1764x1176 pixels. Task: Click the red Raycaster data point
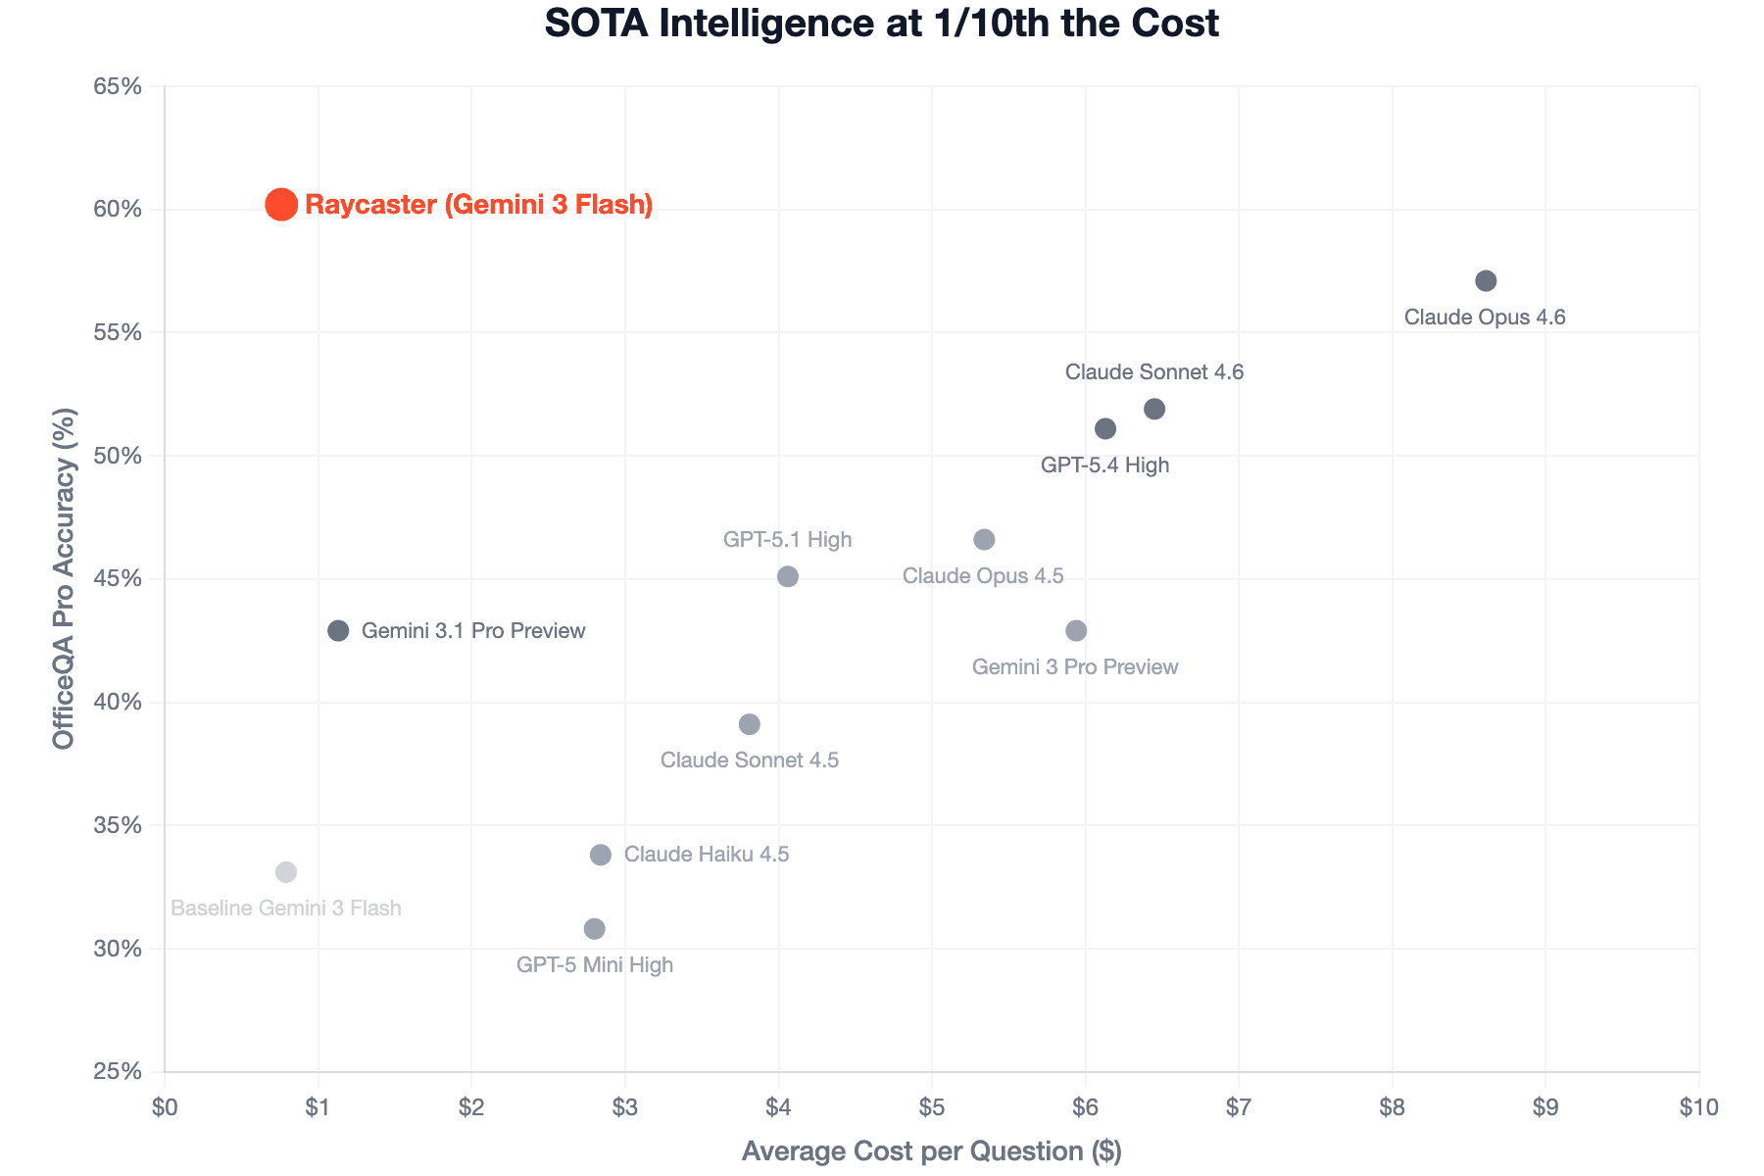pyautogui.click(x=281, y=204)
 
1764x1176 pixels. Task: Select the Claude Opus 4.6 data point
pyautogui.click(x=1486, y=281)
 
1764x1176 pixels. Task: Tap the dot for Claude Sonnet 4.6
pyautogui.click(x=1154, y=409)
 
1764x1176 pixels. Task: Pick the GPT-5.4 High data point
pyautogui.click(x=1105, y=428)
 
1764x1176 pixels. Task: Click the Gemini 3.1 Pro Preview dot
pyautogui.click(x=338, y=631)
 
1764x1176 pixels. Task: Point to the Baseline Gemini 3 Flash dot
pyautogui.click(x=286, y=872)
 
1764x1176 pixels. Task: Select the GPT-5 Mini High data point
pyautogui.click(x=595, y=929)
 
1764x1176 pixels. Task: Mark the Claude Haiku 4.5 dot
pyautogui.click(x=601, y=855)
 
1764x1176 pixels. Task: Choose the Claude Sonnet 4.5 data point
pyautogui.click(x=750, y=725)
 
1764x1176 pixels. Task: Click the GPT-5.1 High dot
pyautogui.click(x=788, y=576)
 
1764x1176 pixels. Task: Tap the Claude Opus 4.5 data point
pyautogui.click(x=985, y=540)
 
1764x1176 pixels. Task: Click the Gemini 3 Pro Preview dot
pyautogui.click(x=1076, y=631)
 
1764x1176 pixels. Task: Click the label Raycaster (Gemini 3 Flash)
pyautogui.click(x=479, y=205)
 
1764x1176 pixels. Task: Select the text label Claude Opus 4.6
pyautogui.click(x=1485, y=318)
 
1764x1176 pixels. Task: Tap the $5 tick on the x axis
pyautogui.click(x=932, y=1107)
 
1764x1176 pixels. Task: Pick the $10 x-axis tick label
pyautogui.click(x=1698, y=1107)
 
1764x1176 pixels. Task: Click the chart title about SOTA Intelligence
pyautogui.click(x=882, y=24)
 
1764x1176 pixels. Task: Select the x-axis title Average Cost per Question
pyautogui.click(x=931, y=1151)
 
